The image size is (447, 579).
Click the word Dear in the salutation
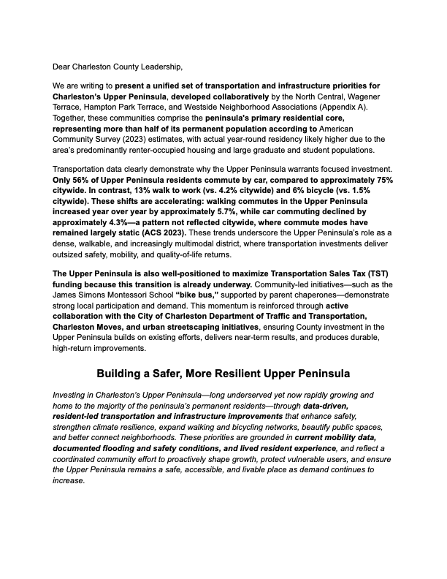[x=64, y=67]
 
